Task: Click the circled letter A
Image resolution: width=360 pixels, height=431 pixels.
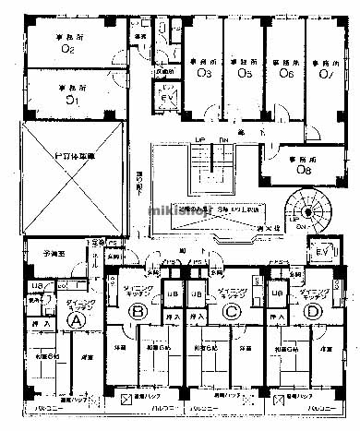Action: click(78, 320)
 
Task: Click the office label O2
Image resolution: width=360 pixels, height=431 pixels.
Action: click(67, 49)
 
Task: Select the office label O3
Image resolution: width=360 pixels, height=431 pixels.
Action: click(205, 72)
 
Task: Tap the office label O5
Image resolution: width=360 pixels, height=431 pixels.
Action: click(246, 72)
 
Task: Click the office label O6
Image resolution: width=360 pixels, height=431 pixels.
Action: click(286, 72)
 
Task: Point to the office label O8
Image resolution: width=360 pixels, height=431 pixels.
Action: click(306, 169)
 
